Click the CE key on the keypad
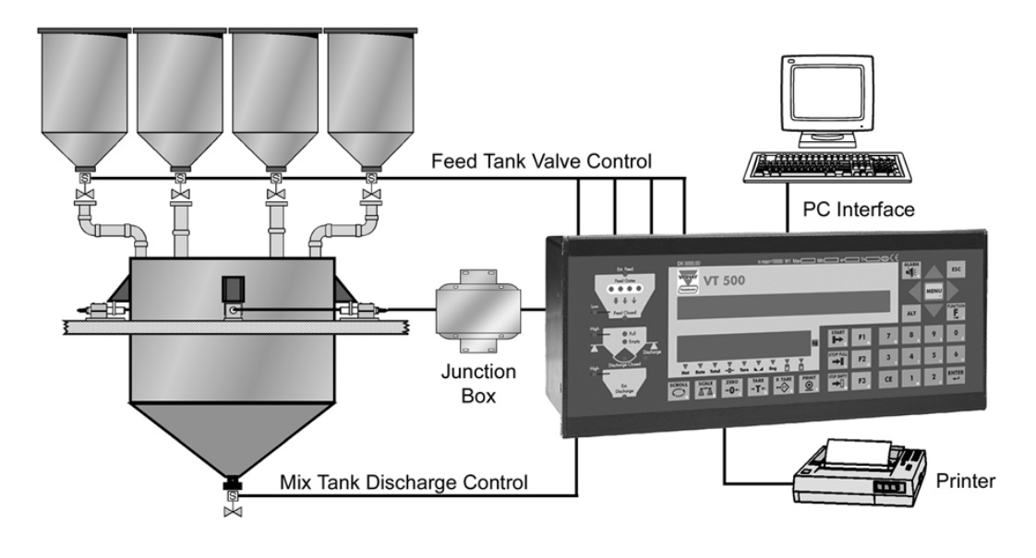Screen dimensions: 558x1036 point(887,377)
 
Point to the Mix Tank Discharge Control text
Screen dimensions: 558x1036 point(404,481)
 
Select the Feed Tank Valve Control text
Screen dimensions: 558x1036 point(543,161)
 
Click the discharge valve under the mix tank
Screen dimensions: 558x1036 point(233,502)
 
